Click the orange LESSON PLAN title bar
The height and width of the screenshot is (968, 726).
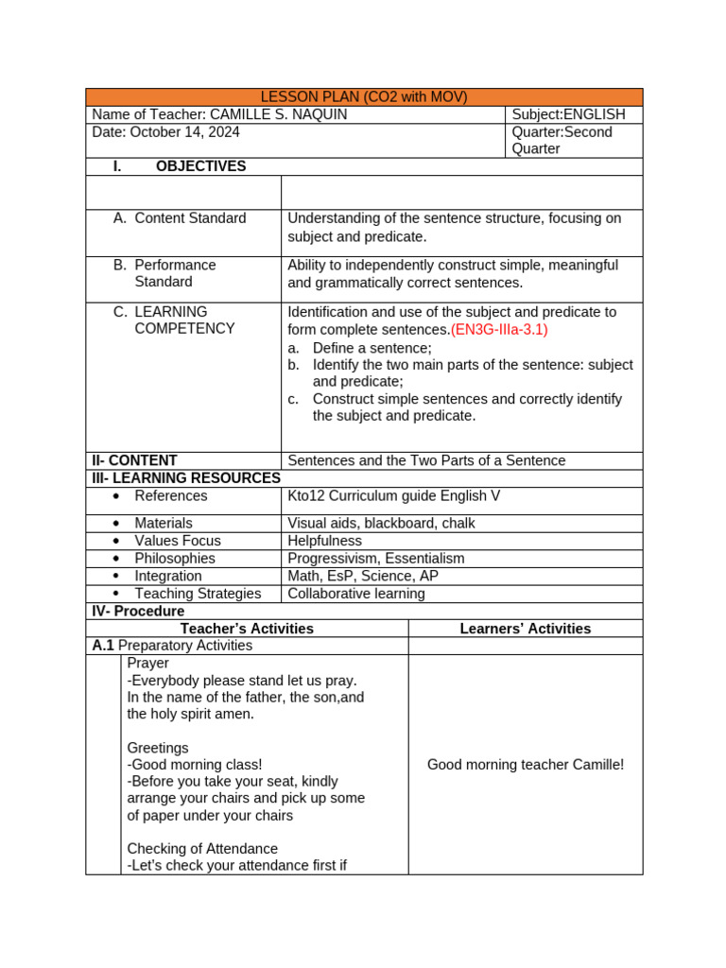(x=364, y=97)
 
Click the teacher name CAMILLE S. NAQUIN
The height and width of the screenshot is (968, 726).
(x=279, y=114)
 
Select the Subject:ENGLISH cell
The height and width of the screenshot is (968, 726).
(x=568, y=114)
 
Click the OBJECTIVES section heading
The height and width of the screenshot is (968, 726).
(x=200, y=166)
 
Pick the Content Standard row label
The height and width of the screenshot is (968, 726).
(x=190, y=218)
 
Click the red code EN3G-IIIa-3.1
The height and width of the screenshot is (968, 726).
(x=499, y=330)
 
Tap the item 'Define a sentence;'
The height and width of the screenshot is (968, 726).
(x=358, y=348)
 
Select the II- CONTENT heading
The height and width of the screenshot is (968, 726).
(x=134, y=460)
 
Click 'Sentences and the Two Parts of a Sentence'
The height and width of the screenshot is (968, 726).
(x=426, y=460)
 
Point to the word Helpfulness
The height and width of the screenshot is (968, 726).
(x=324, y=541)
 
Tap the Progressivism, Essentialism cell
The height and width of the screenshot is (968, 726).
(x=376, y=559)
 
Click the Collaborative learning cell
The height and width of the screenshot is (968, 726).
(x=356, y=594)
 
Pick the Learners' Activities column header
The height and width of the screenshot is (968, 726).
(x=525, y=629)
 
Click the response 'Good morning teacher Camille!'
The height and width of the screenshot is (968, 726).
(x=526, y=765)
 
